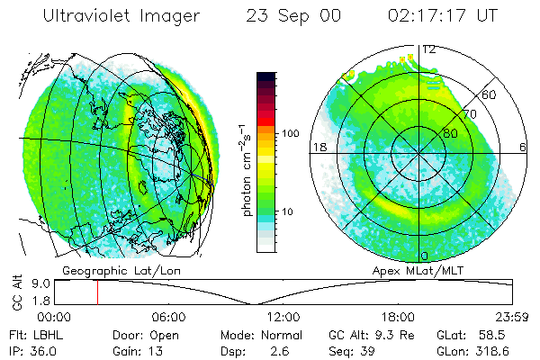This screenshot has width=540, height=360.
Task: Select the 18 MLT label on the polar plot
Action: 318,147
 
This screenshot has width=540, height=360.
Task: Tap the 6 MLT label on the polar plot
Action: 524,147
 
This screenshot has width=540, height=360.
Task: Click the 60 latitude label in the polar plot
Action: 489,94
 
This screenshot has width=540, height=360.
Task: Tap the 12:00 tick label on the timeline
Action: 283,317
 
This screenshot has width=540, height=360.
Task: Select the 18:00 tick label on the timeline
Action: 398,317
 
